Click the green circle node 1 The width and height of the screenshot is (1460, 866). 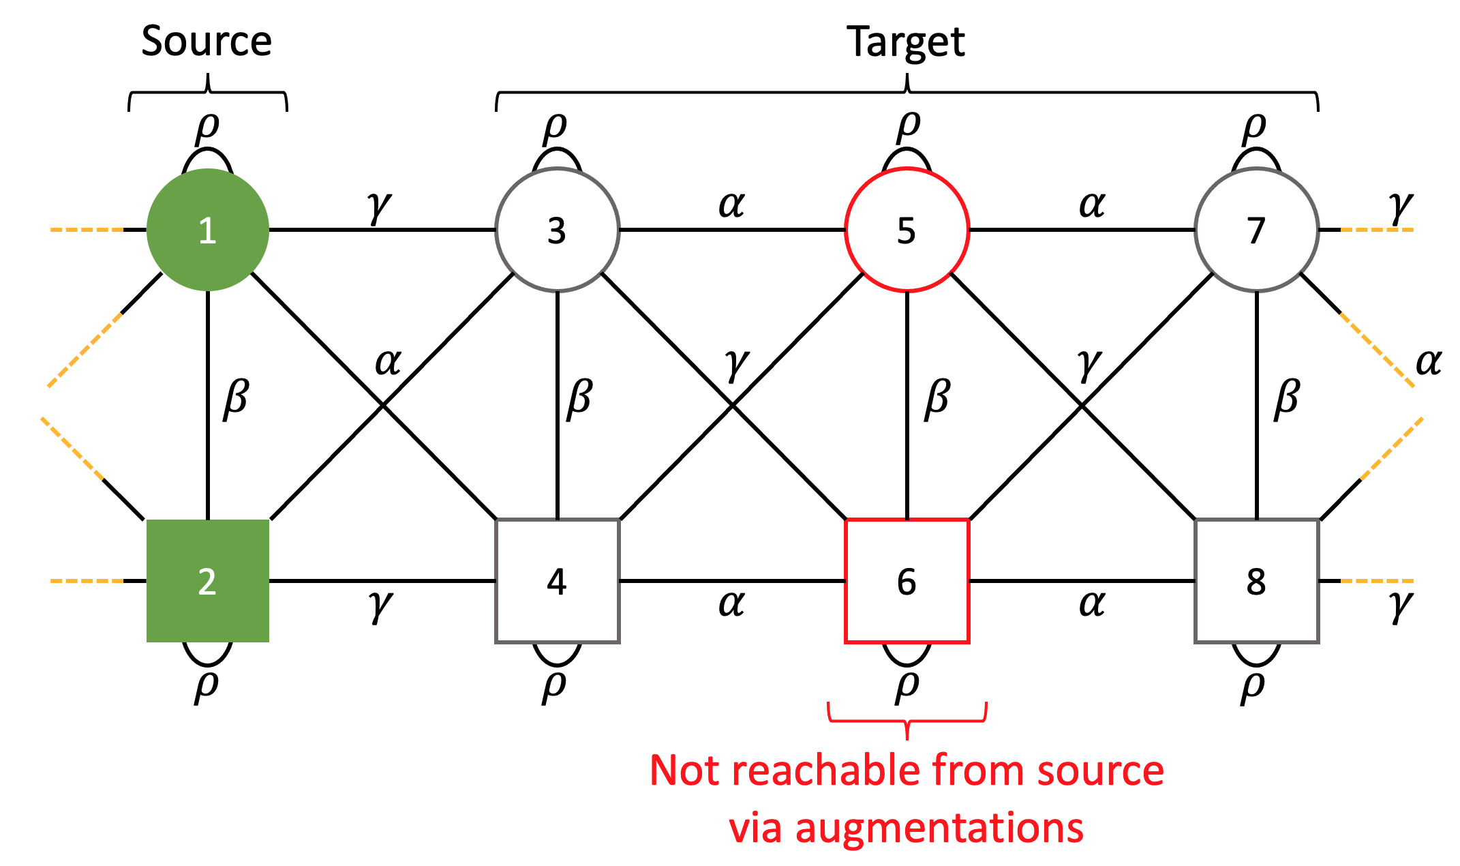(x=208, y=230)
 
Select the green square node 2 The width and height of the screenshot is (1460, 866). (x=208, y=581)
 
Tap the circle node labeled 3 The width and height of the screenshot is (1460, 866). (x=557, y=230)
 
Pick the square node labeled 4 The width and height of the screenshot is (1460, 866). (x=557, y=581)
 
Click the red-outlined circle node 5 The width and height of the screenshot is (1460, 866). (x=907, y=230)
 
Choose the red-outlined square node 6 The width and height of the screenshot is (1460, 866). (x=907, y=581)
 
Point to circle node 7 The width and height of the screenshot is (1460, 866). (x=1256, y=230)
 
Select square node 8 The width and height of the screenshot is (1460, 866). (x=1256, y=581)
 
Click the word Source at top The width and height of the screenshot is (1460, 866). (x=207, y=41)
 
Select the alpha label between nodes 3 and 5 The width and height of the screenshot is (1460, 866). (x=732, y=204)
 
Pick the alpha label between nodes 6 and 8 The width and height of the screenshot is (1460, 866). (x=1092, y=603)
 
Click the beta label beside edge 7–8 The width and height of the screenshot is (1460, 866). (x=1287, y=398)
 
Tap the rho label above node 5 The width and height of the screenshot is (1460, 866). (x=909, y=128)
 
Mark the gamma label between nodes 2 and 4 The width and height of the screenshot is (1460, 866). (x=380, y=604)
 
